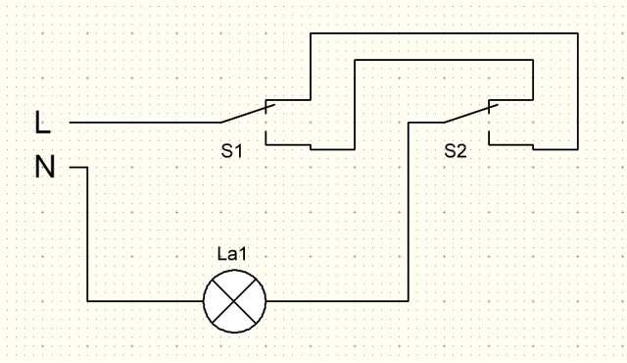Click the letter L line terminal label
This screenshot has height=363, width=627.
(x=43, y=123)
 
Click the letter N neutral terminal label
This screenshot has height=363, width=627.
(x=45, y=167)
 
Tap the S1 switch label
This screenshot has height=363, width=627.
(x=232, y=151)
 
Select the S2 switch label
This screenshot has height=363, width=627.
(x=455, y=151)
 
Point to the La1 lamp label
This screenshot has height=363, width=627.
(x=232, y=254)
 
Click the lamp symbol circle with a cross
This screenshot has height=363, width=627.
(x=235, y=301)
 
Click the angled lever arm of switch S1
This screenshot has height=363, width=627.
(x=248, y=113)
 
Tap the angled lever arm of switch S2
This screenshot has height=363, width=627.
(x=471, y=113)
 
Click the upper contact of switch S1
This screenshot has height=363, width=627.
(x=288, y=100)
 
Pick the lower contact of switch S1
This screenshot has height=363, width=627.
(x=288, y=144)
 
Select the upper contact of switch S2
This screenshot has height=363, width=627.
(x=510, y=100)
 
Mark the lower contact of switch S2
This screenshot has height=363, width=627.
(x=510, y=144)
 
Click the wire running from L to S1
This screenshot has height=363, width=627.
(x=145, y=123)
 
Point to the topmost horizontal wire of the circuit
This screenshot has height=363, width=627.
(x=444, y=33)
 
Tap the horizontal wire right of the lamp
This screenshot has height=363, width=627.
(x=337, y=300)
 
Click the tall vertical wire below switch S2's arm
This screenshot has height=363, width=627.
(x=409, y=212)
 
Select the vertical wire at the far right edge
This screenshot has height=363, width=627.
(x=577, y=91)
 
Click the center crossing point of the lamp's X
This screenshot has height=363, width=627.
(x=235, y=301)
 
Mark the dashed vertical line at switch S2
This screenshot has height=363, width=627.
(x=489, y=122)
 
